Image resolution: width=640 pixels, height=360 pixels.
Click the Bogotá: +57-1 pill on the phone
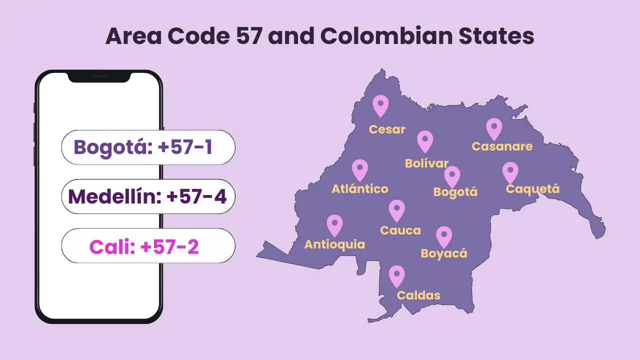[148, 147]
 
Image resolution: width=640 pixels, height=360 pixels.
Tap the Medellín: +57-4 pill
[148, 196]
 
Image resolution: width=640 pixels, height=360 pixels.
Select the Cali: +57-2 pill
[148, 246]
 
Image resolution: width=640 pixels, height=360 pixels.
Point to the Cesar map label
[387, 129]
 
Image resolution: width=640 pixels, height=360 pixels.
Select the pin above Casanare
[494, 128]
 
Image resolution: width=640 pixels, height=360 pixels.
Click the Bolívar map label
[426, 163]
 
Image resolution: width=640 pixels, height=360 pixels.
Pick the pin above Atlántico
[360, 169]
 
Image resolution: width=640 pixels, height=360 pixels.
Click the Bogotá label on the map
[455, 192]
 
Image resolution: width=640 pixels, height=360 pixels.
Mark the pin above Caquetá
[510, 172]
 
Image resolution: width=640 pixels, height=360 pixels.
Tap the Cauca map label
[400, 230]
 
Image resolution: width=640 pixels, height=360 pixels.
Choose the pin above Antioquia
[334, 224]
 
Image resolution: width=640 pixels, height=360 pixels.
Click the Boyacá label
[444, 253]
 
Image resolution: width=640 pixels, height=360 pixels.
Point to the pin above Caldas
[397, 275]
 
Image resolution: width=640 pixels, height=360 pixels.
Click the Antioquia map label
[334, 244]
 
